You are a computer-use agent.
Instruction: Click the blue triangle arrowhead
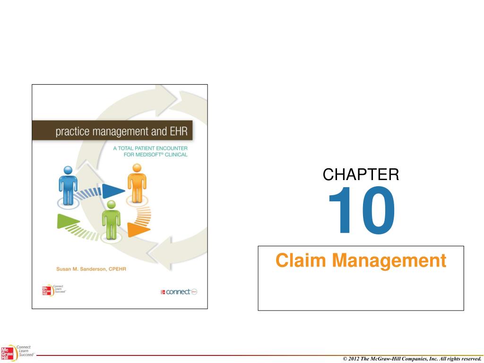pos(113,191)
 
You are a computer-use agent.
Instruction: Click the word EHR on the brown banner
pos(181,131)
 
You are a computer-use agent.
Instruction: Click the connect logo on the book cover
pos(179,292)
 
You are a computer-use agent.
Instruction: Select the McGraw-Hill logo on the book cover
pos(47,290)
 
